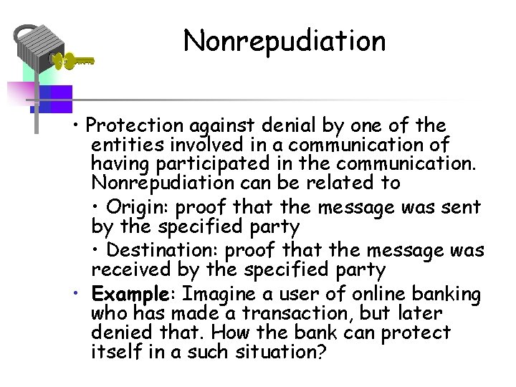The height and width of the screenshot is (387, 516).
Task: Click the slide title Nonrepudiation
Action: click(285, 41)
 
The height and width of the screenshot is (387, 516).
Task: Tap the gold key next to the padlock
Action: click(75, 62)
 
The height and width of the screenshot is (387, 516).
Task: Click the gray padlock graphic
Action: click(38, 47)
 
